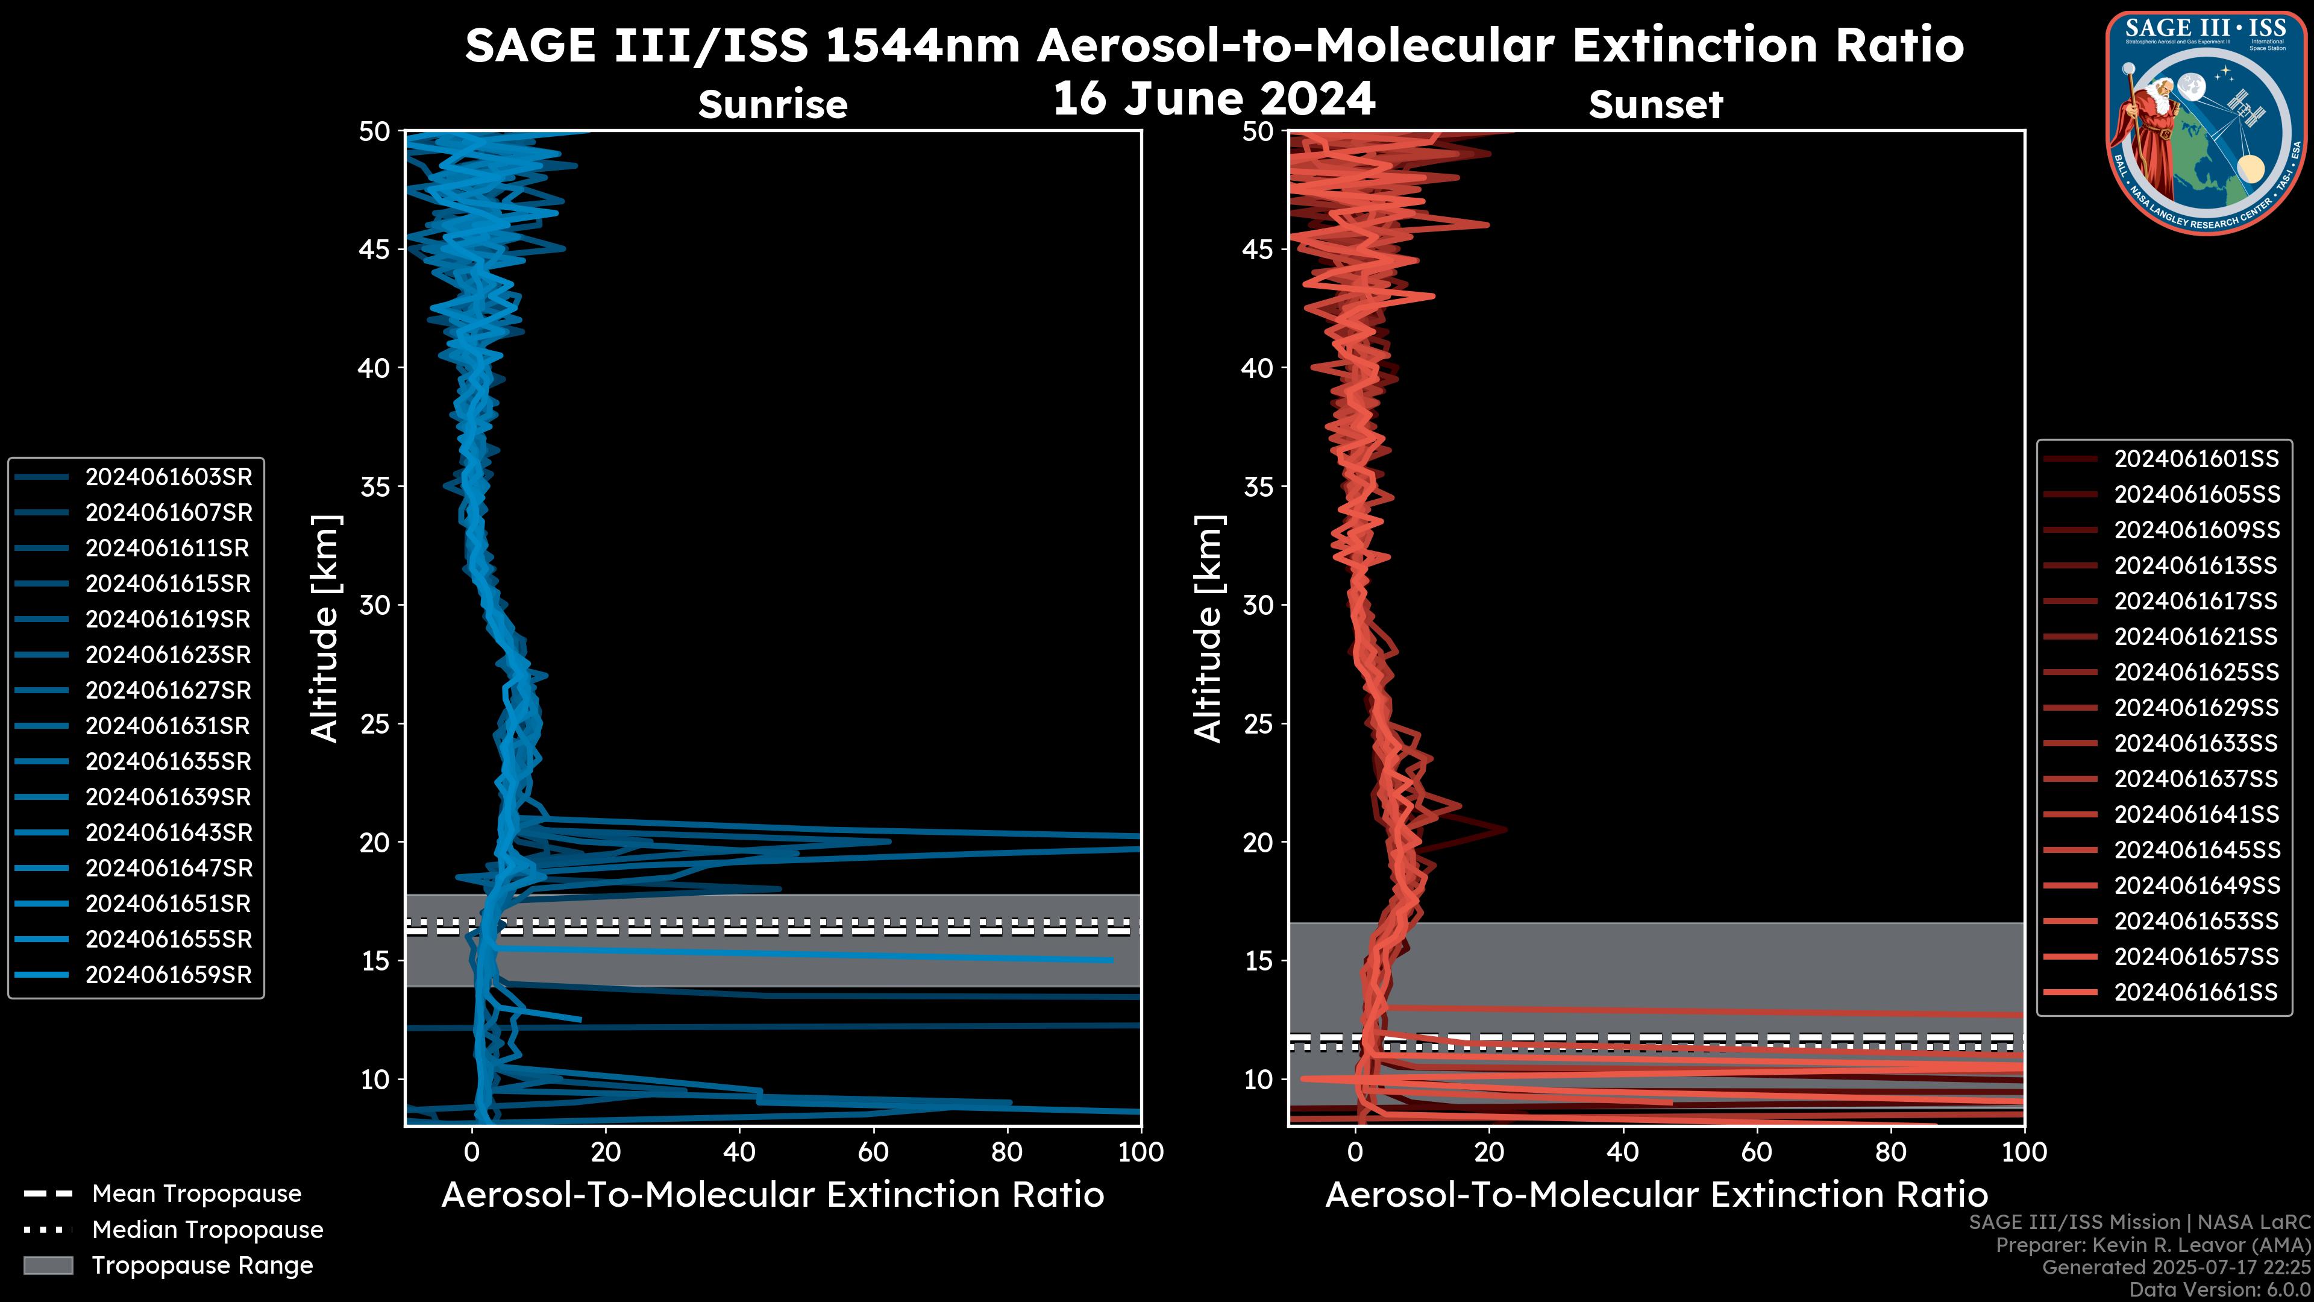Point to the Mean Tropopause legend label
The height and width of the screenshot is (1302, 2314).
(x=196, y=1194)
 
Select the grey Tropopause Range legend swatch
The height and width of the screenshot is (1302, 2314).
(x=48, y=1265)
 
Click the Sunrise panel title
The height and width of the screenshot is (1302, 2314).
(x=773, y=105)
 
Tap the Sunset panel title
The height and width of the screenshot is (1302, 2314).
(x=1655, y=105)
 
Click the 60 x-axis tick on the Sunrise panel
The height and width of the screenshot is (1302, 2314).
(x=873, y=1152)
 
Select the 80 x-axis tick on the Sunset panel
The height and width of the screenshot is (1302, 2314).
(x=1891, y=1152)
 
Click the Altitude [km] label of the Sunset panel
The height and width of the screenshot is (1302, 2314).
(x=1208, y=629)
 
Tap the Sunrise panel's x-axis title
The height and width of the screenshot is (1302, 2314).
(x=773, y=1195)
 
